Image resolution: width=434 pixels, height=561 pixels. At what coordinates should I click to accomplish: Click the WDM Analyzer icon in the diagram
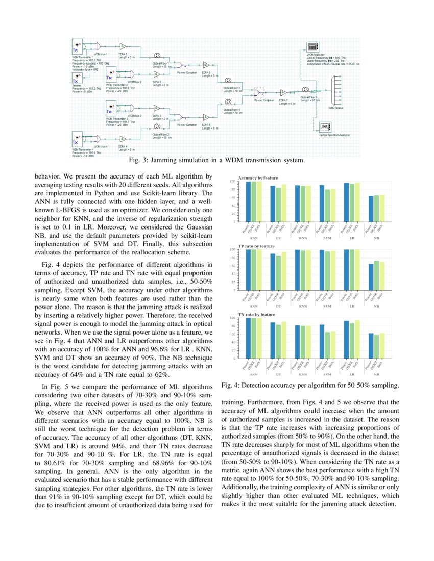tap(312, 47)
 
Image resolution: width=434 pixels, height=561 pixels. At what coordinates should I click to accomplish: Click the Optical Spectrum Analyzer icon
tap(324, 127)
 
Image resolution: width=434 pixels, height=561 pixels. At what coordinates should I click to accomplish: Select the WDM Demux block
tap(336, 90)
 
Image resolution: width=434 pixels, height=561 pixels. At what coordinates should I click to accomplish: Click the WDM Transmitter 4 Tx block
tap(77, 138)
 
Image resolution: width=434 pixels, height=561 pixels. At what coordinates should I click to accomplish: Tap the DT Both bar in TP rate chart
tap(284, 271)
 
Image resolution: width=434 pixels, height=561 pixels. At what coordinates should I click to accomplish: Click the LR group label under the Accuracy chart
tap(350, 238)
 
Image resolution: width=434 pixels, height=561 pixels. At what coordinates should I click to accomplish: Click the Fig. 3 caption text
tap(216, 161)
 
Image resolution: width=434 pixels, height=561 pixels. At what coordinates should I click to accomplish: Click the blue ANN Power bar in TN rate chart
tap(248, 338)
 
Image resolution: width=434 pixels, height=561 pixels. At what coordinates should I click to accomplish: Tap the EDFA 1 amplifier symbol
tap(123, 46)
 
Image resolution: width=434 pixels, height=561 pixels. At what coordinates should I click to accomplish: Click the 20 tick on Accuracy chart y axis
tap(233, 214)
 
